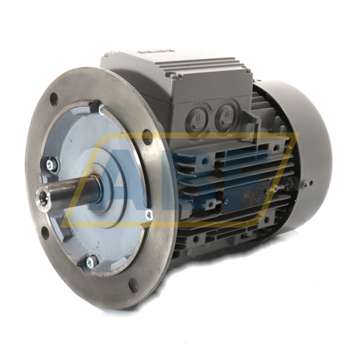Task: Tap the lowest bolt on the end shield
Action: pyautogui.click(x=91, y=261)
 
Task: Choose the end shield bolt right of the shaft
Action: pyautogui.click(x=148, y=214)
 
